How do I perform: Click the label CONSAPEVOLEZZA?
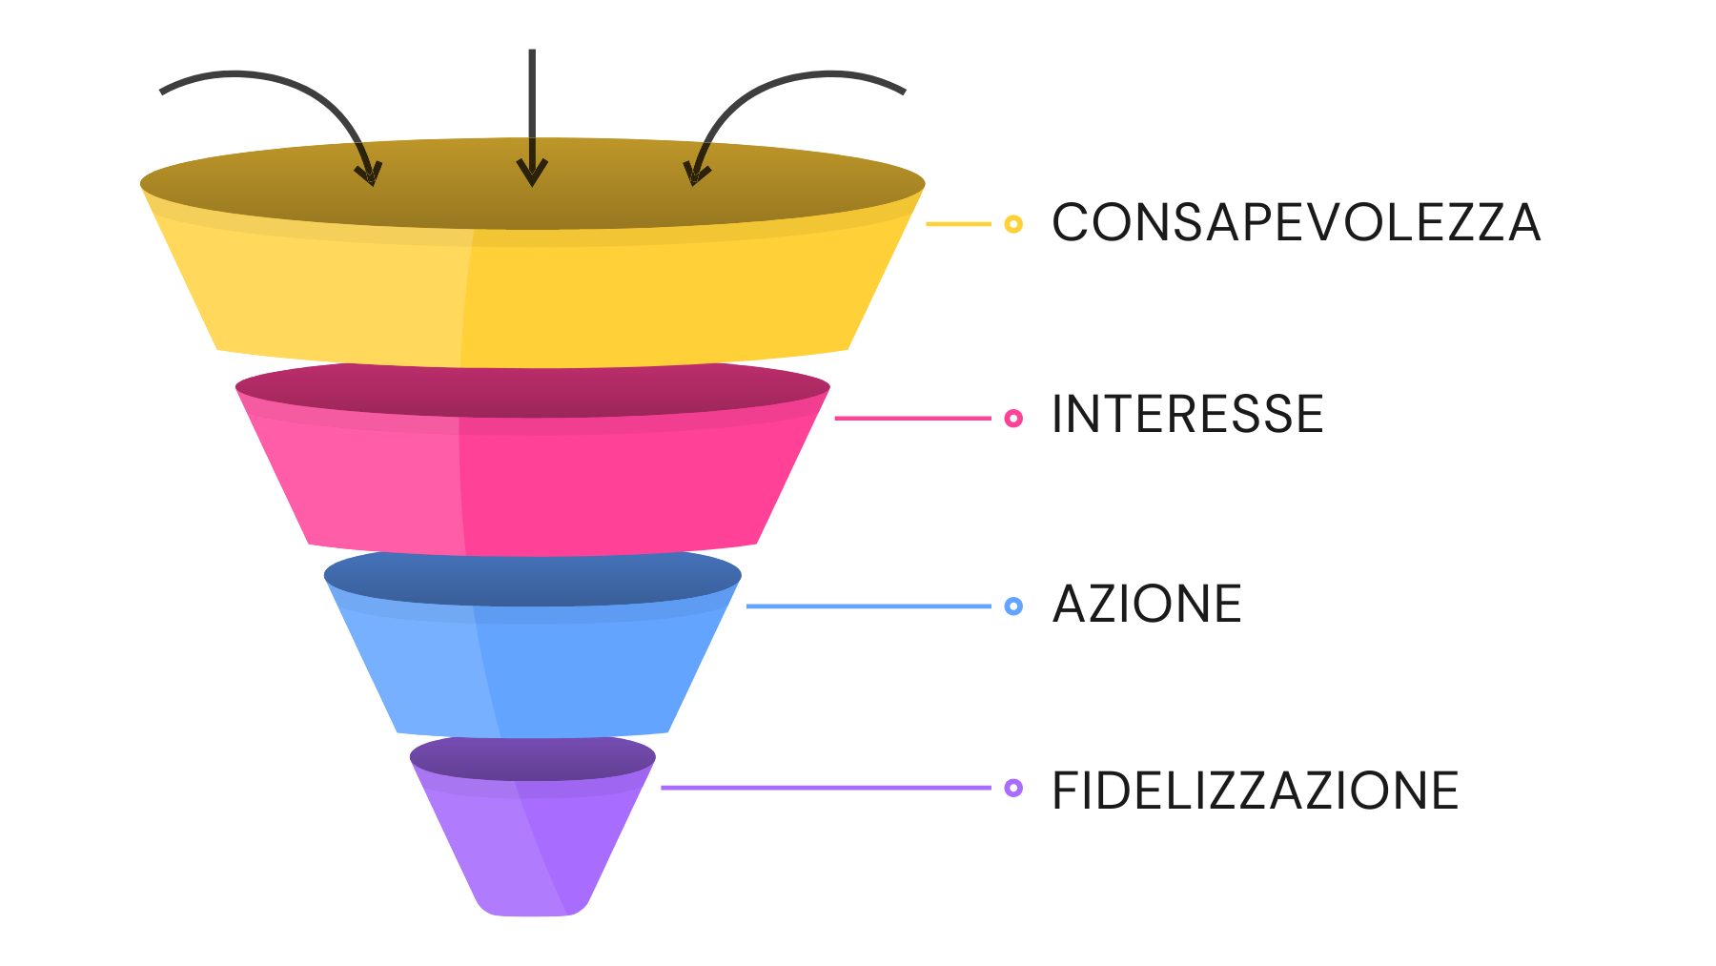coord(1295,223)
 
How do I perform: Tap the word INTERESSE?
coord(1187,415)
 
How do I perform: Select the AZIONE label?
coord(1147,605)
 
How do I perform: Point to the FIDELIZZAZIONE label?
coord(1255,791)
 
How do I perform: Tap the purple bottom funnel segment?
coord(534,839)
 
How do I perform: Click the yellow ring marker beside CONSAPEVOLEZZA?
coord(1013,224)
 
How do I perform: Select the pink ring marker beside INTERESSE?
coord(1013,418)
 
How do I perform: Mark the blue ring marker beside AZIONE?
coord(1013,606)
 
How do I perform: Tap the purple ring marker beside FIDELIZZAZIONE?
coord(1013,788)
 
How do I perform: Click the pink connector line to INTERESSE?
coord(912,418)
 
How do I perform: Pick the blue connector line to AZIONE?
coord(868,606)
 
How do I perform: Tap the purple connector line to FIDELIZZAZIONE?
coord(825,788)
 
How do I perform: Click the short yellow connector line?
coord(958,224)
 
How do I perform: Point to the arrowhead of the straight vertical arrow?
coord(532,175)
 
